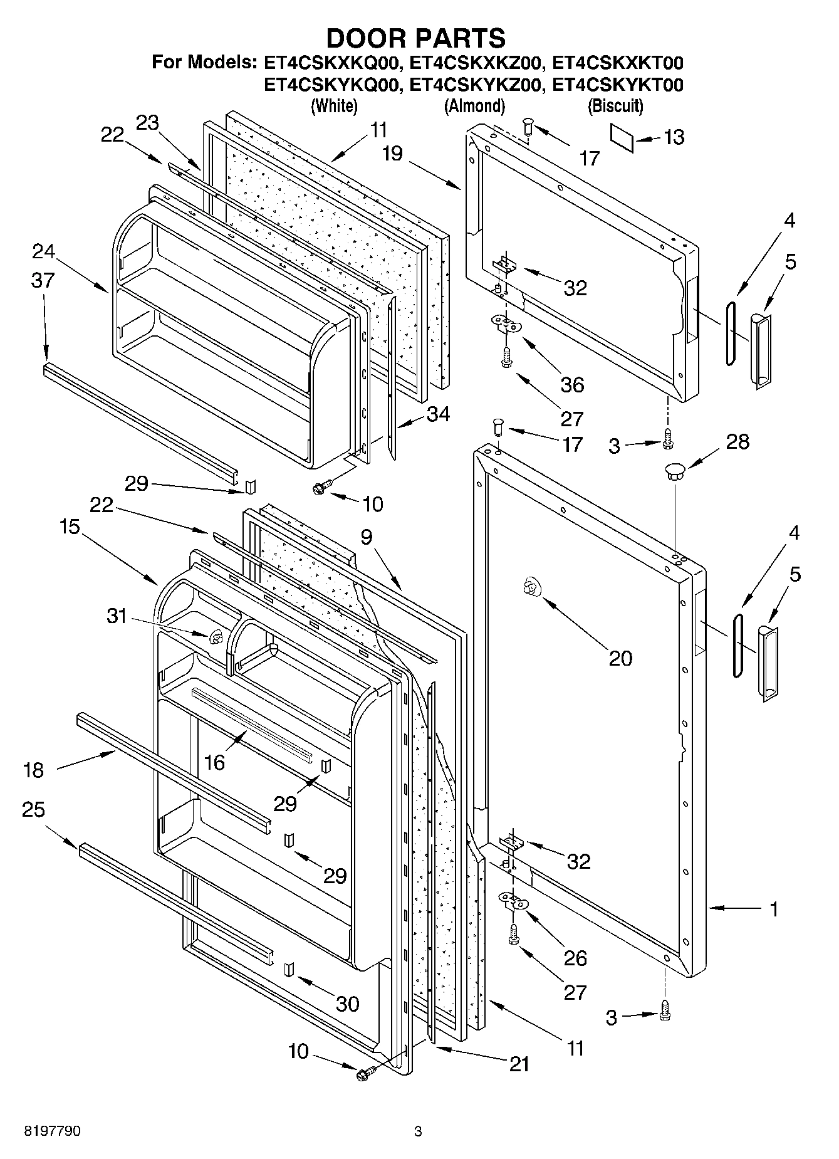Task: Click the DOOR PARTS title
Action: (x=416, y=38)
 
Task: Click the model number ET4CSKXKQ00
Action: (x=330, y=63)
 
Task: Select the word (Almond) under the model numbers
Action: (x=474, y=106)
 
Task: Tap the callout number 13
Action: (x=674, y=137)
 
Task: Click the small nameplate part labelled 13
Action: (x=622, y=137)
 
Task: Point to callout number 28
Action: (x=737, y=441)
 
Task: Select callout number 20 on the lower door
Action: (x=620, y=658)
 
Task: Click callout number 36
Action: (x=572, y=384)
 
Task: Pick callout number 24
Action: (x=43, y=251)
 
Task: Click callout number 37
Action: (x=43, y=280)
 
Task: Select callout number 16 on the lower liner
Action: (x=214, y=762)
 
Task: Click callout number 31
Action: (x=117, y=616)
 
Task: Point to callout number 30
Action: (x=347, y=1004)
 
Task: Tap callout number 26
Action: (x=575, y=957)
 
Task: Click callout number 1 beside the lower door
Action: (x=774, y=908)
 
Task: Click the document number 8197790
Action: (x=52, y=1131)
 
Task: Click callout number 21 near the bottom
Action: (x=519, y=1064)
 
